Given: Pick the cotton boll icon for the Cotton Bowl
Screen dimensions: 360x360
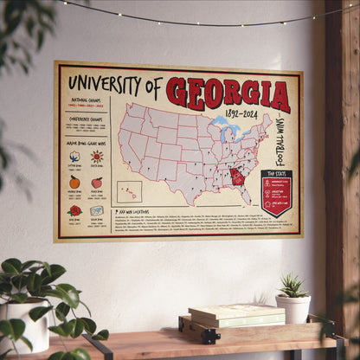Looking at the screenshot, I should coord(74,157).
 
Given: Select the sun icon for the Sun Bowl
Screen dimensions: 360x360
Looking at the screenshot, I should coord(96,157).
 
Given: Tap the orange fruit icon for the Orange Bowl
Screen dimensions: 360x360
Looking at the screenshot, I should coord(74,183).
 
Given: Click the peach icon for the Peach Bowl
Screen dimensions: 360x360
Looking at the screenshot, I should coord(96,183).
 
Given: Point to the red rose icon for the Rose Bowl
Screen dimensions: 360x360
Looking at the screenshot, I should coord(74,210).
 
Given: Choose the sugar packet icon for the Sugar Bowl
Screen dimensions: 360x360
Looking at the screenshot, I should coord(96,210).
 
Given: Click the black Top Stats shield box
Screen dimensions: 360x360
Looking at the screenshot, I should coord(276,193).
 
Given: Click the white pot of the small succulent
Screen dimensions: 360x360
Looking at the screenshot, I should coord(293,309).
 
